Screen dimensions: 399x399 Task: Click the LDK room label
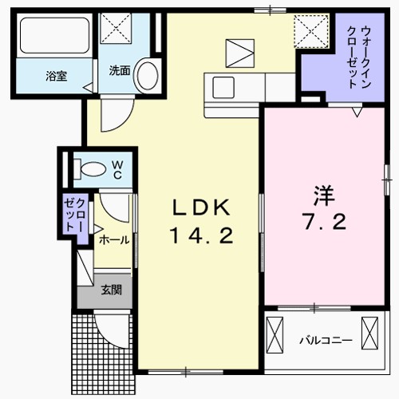click(x=202, y=208)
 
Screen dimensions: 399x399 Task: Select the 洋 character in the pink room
click(x=322, y=194)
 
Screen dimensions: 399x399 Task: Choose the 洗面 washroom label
click(x=120, y=69)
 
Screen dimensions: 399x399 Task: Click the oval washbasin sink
click(x=146, y=75)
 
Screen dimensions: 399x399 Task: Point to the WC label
click(x=117, y=168)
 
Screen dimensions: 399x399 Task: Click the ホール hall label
click(x=113, y=239)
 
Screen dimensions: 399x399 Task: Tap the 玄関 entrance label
click(x=111, y=290)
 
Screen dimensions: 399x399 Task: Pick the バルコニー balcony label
click(x=326, y=340)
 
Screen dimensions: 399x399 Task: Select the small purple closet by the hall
click(x=77, y=214)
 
